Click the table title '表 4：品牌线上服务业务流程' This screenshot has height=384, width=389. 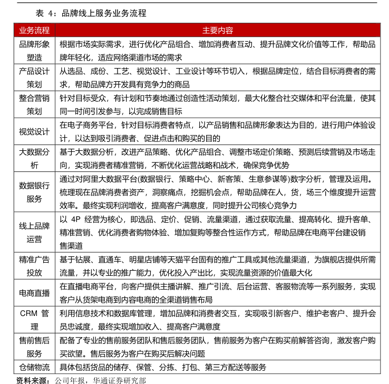pos(91,13)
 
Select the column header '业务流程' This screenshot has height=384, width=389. pos(34,31)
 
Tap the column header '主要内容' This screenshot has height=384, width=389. pos(217,31)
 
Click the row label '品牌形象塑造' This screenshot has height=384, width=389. pos(34,51)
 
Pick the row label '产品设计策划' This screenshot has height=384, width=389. pos(34,78)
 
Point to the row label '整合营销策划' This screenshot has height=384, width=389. pos(34,104)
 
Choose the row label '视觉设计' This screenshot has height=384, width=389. pos(34,131)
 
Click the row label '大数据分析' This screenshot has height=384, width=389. pos(34,158)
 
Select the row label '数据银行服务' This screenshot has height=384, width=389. pos(34,192)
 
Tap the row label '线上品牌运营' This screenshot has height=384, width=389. pos(34,233)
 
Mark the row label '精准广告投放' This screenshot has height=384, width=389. pos(34,266)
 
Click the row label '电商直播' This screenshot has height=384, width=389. pos(34,293)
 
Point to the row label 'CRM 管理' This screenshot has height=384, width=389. pos(34,320)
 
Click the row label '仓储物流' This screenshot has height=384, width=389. pos(34,367)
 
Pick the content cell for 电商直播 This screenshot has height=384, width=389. pos(217,293)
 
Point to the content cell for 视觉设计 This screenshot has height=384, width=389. pos(217,131)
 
